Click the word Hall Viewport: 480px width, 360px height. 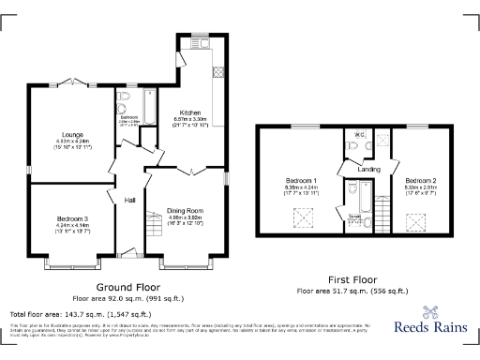coord(130,199)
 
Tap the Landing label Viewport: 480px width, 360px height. coord(368,170)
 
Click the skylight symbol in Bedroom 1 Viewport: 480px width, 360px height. coord(302,219)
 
